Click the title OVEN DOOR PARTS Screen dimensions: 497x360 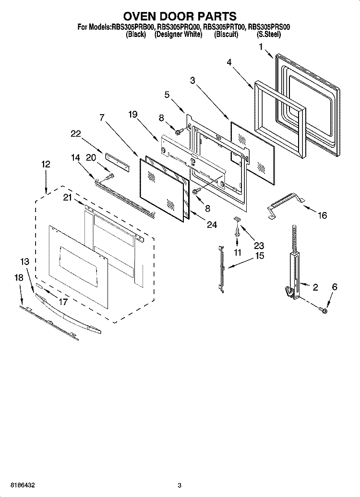[180, 17]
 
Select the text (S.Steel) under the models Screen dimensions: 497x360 [269, 35]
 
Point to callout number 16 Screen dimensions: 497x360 [322, 216]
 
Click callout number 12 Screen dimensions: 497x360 [46, 164]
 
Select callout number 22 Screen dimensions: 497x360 [76, 135]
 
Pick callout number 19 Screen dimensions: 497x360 [133, 114]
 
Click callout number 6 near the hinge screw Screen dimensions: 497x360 [335, 287]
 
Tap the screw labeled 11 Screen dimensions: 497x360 [237, 231]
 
